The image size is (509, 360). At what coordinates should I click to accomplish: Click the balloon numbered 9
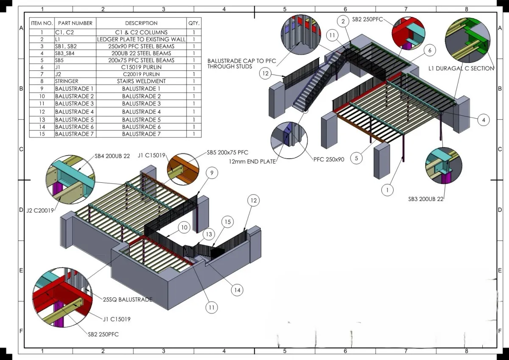coord(212,172)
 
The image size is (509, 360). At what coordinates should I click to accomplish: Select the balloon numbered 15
coord(227,222)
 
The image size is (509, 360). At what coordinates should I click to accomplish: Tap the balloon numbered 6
coord(430,50)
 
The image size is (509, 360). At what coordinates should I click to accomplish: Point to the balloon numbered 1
coord(387,190)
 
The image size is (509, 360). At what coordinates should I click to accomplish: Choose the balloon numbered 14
coord(237,290)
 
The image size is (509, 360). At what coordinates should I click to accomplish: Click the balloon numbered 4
coord(483,120)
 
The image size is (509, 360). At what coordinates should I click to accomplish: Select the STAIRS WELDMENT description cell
coord(141,81)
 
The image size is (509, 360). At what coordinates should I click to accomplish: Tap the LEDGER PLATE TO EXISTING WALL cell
coord(141,39)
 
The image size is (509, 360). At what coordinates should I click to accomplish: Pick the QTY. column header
coord(194,23)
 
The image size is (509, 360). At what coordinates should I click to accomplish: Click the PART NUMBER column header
coord(75,23)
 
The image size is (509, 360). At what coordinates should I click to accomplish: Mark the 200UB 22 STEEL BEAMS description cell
coord(141,53)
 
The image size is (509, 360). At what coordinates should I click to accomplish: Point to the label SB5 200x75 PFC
coord(227,152)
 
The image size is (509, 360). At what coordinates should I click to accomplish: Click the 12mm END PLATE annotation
coord(252,162)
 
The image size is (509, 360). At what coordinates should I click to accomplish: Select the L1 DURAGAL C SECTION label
coord(461,68)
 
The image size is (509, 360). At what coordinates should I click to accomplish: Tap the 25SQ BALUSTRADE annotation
coord(128,300)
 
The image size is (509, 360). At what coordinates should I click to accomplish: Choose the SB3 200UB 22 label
coord(426,198)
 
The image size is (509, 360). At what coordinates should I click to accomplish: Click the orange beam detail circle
coord(183,168)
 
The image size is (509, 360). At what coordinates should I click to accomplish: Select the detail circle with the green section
coord(465,38)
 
